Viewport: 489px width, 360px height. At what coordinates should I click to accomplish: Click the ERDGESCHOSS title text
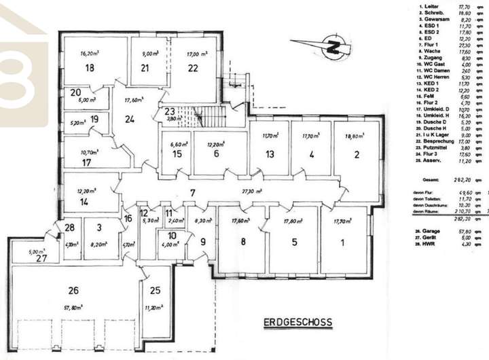click(299, 323)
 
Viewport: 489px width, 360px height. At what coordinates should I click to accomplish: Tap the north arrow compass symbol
click(319, 48)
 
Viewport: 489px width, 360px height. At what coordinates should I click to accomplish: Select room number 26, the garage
click(73, 290)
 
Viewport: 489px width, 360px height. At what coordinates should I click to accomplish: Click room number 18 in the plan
click(89, 68)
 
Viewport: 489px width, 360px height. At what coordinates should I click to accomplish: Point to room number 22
click(193, 67)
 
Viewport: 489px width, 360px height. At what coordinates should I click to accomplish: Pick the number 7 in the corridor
click(193, 193)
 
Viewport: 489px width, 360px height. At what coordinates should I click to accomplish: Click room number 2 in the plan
click(357, 154)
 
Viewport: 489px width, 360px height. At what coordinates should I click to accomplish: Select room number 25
click(156, 290)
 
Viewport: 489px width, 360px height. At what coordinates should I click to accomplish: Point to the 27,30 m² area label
click(253, 193)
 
